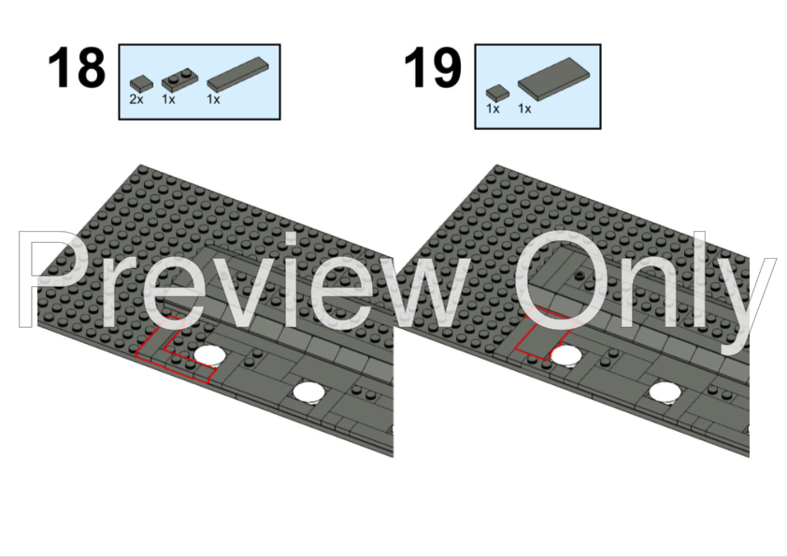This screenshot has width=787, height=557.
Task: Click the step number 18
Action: [x=77, y=67]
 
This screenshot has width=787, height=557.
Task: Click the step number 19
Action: [x=433, y=67]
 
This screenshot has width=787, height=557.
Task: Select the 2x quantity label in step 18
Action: [x=136, y=99]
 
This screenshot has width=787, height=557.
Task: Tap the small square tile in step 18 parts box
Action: [x=140, y=84]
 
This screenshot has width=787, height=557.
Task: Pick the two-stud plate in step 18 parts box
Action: [x=179, y=82]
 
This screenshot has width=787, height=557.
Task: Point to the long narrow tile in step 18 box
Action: [x=238, y=75]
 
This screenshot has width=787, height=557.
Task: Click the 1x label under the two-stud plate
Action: [x=168, y=99]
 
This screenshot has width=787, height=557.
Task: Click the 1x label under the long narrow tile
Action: [x=213, y=99]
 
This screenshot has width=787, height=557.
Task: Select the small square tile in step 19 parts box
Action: [x=497, y=93]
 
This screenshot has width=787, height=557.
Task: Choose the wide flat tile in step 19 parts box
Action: [x=553, y=79]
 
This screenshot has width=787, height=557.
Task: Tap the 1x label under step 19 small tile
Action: [x=493, y=108]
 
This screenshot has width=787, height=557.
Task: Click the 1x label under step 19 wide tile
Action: [x=524, y=108]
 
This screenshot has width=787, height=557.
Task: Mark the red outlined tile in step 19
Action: [x=543, y=335]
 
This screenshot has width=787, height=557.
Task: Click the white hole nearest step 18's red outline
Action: [x=209, y=355]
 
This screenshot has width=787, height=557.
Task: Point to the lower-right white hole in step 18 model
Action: [x=308, y=393]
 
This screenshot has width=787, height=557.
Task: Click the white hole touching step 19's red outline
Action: [x=566, y=355]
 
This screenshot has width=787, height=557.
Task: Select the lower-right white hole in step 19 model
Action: [x=665, y=393]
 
